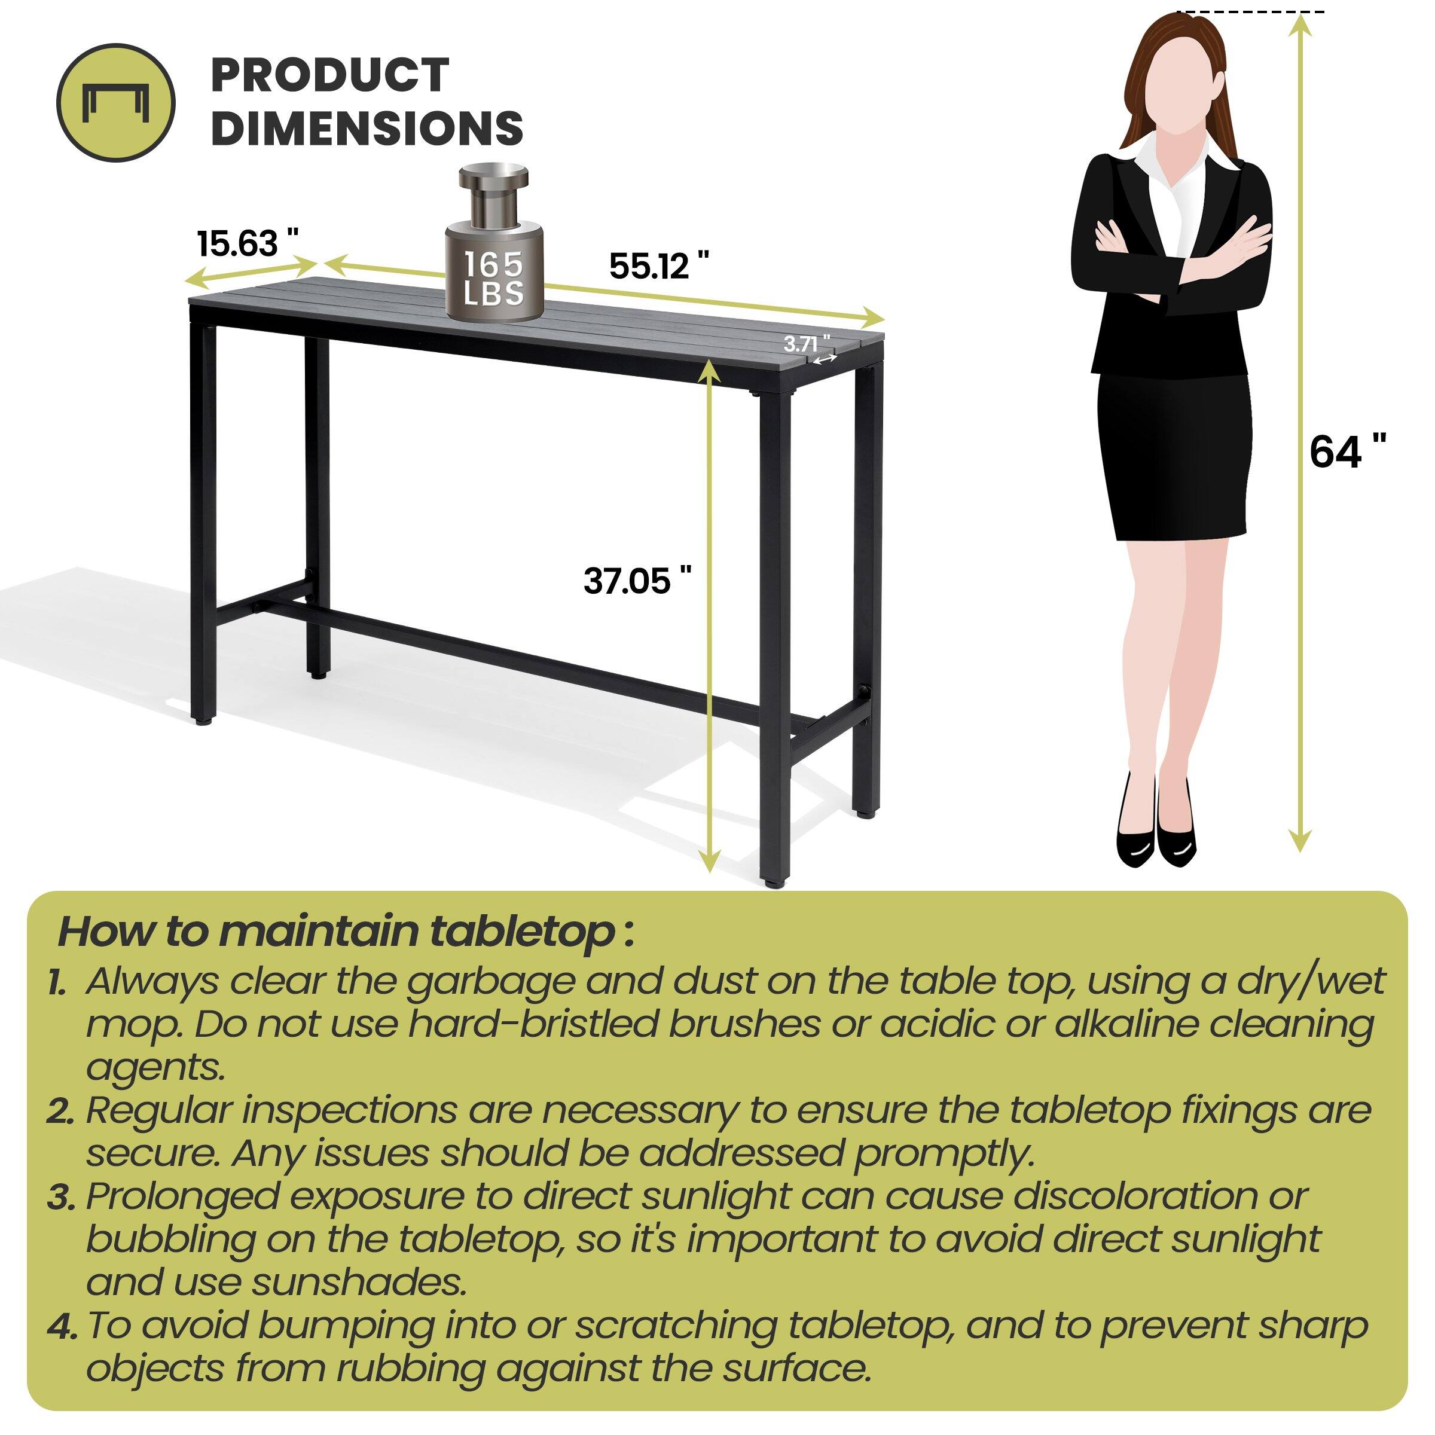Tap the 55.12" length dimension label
coord(658,265)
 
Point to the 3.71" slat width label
coord(806,344)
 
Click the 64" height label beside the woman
coord(1347,451)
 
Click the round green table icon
coord(116,102)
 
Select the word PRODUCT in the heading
coord(330,75)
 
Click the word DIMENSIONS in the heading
coord(367,128)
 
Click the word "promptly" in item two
coord(944,1153)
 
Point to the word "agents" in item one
coord(154,1067)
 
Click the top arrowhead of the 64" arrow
coord(1300,24)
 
